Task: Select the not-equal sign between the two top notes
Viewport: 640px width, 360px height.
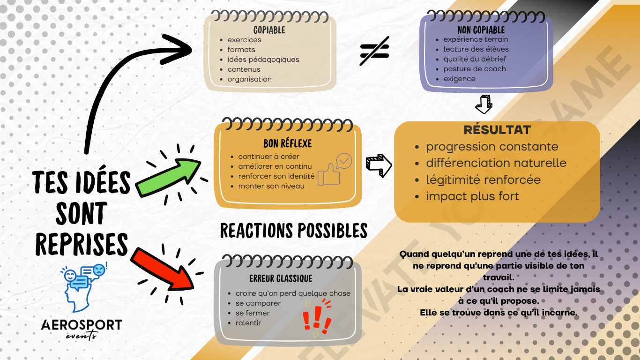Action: point(374,52)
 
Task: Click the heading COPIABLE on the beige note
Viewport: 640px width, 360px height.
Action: point(269,30)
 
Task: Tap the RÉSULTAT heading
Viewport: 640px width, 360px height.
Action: point(497,130)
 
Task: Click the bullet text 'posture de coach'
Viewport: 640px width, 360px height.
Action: point(475,69)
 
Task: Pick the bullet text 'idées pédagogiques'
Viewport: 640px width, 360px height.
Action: point(263,60)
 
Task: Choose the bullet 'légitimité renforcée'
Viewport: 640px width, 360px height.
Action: point(483,180)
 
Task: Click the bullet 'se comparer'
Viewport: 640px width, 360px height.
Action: point(258,303)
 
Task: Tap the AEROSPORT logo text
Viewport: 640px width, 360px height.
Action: point(82,325)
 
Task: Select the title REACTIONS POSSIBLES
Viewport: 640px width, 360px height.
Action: point(294,231)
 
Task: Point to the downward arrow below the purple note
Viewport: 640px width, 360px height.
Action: point(484,104)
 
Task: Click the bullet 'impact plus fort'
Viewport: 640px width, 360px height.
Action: point(472,196)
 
